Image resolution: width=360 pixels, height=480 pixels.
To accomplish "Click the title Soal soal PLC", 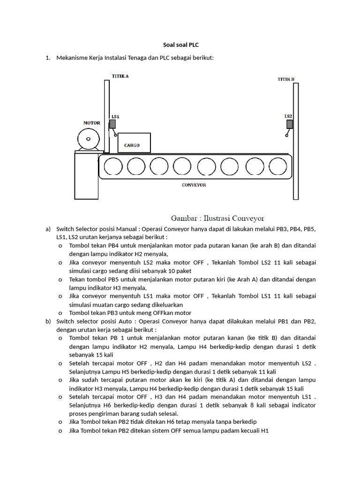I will point(180,45).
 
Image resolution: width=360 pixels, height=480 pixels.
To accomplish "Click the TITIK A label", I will point(120,75).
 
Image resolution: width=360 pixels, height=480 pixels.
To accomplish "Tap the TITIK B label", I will point(285,79).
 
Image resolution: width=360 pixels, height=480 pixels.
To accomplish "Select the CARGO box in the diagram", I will point(134,143).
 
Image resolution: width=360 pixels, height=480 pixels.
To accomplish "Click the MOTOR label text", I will point(91,123).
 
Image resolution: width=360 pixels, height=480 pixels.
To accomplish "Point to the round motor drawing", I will point(88,140).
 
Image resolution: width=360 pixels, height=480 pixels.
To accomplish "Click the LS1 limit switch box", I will point(112,124).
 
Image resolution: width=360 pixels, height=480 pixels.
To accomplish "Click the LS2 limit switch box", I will point(290,124).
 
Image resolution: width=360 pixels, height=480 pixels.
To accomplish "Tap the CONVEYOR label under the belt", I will point(194,185).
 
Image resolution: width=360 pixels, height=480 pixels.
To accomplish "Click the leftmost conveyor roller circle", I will point(113,166).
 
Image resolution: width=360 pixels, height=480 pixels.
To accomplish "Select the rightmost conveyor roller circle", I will point(277,166).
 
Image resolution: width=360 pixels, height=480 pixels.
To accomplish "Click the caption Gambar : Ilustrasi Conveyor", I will point(217,218).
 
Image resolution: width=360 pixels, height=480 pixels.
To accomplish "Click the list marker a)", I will point(48,229).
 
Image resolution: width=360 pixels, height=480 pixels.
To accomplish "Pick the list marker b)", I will point(48,322).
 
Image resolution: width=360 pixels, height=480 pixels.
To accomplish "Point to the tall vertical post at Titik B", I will point(295,141).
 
